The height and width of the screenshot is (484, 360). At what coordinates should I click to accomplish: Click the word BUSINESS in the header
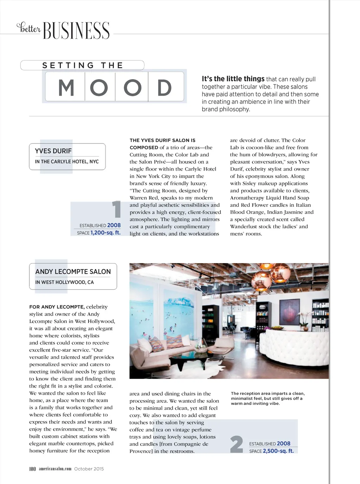click(x=76, y=31)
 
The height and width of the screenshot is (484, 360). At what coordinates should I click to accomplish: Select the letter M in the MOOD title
click(x=66, y=88)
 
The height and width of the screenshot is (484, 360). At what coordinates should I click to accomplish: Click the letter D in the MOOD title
click(x=164, y=88)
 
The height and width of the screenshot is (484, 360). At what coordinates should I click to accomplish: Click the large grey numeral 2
click(x=237, y=444)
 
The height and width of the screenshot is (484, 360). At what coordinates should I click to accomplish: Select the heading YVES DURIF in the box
click(x=53, y=151)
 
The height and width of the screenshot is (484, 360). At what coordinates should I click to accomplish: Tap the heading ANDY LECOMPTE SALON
click(x=73, y=272)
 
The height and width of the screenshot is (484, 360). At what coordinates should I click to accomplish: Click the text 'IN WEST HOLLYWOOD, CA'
click(x=64, y=282)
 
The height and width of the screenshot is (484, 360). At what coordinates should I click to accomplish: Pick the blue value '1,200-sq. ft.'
click(x=105, y=233)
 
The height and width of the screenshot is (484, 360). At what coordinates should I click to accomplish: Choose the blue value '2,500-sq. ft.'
click(x=278, y=451)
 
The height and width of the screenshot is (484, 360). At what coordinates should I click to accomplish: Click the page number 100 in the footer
click(x=32, y=469)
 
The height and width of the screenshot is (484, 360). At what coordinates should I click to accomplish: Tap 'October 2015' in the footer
click(x=89, y=469)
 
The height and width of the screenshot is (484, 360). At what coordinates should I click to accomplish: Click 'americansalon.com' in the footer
click(x=55, y=469)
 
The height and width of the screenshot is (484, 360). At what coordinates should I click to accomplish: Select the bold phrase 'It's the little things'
click(x=233, y=79)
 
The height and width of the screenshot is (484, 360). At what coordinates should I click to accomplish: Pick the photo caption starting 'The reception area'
click(x=268, y=398)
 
